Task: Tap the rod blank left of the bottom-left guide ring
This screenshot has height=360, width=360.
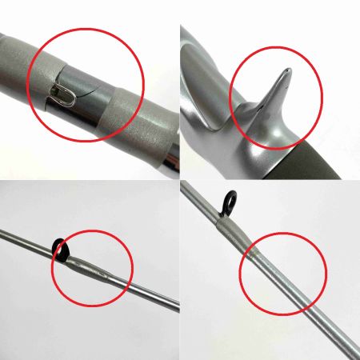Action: pos(28,241)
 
